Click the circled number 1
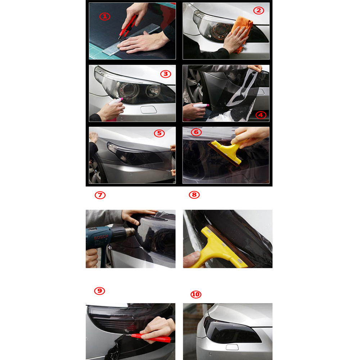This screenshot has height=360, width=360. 105,17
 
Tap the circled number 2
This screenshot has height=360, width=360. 258,10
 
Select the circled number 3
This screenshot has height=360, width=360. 166,74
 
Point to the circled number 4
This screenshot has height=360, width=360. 261,115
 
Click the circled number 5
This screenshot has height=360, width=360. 159,133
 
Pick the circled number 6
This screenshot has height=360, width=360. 196,132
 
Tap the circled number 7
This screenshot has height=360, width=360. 100,195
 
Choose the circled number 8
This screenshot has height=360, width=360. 194,195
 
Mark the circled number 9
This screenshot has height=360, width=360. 100,291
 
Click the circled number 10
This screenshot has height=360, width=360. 196,294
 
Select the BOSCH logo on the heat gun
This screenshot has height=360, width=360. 101,237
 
